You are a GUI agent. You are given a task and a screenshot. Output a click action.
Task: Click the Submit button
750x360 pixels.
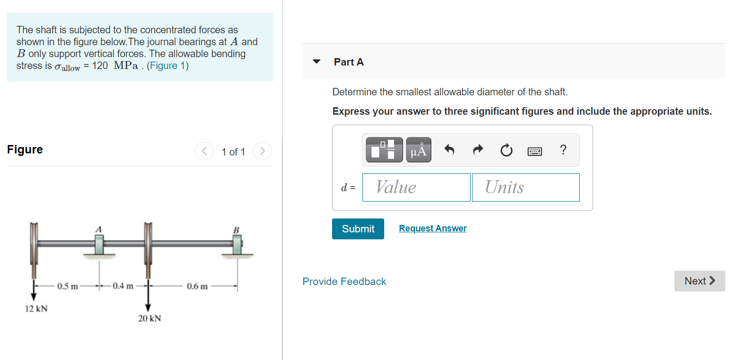[358, 229]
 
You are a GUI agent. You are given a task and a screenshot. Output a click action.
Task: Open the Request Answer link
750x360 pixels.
[433, 228]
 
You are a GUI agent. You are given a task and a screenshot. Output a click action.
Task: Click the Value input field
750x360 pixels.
[416, 187]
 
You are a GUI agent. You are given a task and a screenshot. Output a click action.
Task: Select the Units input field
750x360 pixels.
[526, 187]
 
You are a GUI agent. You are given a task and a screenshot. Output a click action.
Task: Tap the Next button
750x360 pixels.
[699, 281]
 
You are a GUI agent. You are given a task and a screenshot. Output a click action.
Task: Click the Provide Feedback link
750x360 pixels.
[344, 282]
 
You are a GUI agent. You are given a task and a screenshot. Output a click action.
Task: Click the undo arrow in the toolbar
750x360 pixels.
[449, 149]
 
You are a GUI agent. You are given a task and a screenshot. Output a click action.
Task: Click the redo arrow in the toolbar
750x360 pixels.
[478, 149]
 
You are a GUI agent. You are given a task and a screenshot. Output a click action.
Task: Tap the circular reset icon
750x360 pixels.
[506, 150]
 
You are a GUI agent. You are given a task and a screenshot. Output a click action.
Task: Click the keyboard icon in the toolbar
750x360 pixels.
[535, 151]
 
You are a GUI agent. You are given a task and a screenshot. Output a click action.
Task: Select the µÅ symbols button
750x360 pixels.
[418, 149]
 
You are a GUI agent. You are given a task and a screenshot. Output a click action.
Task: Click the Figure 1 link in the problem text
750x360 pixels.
[167, 66]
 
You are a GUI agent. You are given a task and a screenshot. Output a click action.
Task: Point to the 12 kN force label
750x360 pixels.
[36, 308]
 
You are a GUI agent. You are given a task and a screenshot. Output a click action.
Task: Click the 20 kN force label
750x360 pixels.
[150, 318]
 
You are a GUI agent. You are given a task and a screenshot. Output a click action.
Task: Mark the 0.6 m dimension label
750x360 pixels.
[197, 287]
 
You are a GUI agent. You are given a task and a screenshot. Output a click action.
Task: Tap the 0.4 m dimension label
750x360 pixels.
[123, 286]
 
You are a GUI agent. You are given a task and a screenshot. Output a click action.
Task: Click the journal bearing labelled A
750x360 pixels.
[99, 245]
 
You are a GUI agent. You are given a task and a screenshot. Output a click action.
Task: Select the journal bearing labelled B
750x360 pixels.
[237, 245]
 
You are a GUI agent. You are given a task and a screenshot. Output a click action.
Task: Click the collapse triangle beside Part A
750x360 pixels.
[316, 62]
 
